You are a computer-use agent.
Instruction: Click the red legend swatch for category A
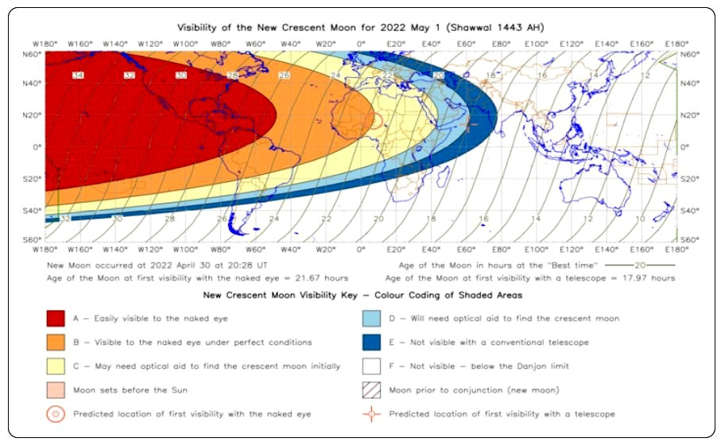[55, 318]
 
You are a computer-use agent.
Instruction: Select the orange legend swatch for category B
[55, 342]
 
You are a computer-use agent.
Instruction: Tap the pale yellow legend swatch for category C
[55, 366]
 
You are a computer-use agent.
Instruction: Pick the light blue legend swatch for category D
[371, 318]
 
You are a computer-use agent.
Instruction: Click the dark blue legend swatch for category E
[371, 342]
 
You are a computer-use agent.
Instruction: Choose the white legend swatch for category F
[371, 366]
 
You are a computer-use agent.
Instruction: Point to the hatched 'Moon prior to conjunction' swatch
[371, 390]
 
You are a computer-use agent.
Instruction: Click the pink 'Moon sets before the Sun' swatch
[55, 390]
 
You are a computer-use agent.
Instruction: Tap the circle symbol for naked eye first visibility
[55, 413]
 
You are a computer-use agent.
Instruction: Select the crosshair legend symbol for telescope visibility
[371, 413]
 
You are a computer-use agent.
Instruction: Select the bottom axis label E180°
[676, 250]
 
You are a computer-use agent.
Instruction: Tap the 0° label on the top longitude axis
[360, 43]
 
